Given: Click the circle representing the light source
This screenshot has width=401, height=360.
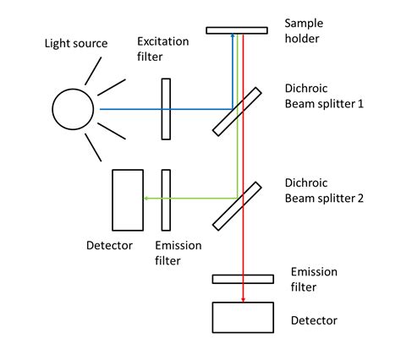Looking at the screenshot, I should click(x=74, y=108).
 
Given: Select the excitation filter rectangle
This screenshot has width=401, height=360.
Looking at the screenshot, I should click(x=166, y=109).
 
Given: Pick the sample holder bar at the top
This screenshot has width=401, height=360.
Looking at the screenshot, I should click(x=237, y=30).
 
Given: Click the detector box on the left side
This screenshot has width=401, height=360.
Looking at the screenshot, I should click(x=128, y=199).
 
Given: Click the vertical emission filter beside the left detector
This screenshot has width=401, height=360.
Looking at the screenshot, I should click(x=167, y=199).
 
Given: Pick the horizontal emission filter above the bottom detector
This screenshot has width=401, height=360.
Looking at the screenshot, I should click(x=243, y=279).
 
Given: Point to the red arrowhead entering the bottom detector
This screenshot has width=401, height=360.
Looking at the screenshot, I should click(x=243, y=297).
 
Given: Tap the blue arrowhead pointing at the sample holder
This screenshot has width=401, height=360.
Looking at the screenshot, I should click(x=233, y=39).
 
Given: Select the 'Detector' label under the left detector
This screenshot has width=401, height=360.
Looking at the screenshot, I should click(x=109, y=246).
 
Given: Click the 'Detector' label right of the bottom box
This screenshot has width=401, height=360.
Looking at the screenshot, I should click(x=314, y=320).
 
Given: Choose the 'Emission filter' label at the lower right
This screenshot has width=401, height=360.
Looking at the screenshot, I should click(x=314, y=279).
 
